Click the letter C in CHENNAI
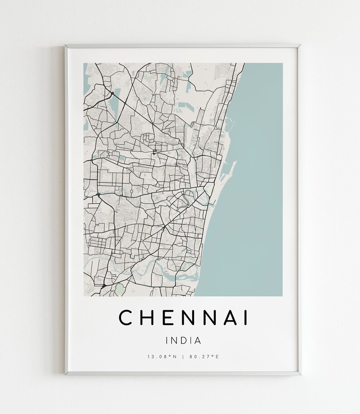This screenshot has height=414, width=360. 125,318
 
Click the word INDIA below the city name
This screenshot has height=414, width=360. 184,340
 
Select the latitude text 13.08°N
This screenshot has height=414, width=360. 162,357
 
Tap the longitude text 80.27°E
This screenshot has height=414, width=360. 204,357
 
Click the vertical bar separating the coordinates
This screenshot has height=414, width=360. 183,357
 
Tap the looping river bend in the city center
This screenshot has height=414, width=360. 188,198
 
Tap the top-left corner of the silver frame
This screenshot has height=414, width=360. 66,46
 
